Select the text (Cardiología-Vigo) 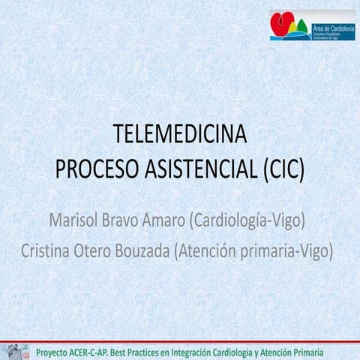click(250, 223)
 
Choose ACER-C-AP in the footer click(101, 351)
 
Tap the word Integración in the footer click(217, 351)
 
